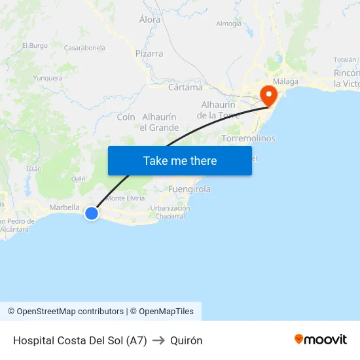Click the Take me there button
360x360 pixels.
coord(180,160)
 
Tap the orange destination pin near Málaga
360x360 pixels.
coord(268,96)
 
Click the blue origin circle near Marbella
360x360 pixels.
coord(92,213)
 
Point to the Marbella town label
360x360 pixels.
coord(64,207)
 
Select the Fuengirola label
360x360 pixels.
coord(189,189)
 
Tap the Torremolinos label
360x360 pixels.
coord(248,139)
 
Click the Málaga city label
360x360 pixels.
coord(285,81)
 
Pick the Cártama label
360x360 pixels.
coord(185,87)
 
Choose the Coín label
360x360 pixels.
coord(126,117)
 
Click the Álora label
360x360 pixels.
coord(150,20)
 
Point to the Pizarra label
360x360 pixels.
coord(149,54)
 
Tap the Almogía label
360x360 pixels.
coord(228,24)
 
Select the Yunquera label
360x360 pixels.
coord(48,78)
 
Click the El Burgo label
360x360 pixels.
coord(35,46)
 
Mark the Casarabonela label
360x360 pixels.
coord(84,48)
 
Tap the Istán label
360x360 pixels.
coord(33,168)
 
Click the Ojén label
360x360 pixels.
coord(79,179)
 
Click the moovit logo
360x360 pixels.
coord(320,340)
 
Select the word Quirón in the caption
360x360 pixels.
coord(186,340)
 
